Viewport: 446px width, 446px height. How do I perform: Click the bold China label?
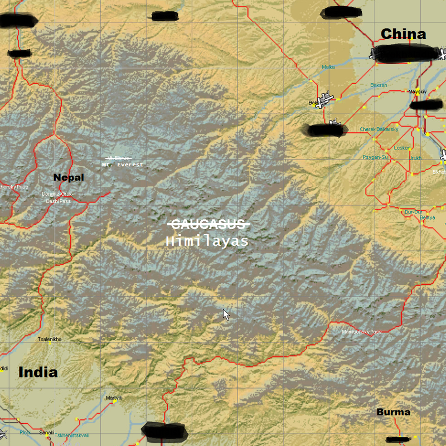tap(403, 34)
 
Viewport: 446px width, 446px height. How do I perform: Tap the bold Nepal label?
tap(69, 178)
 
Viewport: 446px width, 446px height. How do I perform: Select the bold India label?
tap(38, 372)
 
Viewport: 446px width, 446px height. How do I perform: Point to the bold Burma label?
tap(393, 413)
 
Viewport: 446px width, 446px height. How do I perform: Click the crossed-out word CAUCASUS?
tap(209, 224)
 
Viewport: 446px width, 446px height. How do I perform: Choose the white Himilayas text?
tap(207, 241)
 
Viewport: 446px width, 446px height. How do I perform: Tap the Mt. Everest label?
tap(123, 164)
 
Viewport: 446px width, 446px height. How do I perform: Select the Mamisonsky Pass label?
tap(362, 332)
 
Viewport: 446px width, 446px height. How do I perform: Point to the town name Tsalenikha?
tap(50, 339)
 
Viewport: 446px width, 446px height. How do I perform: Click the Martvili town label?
tap(113, 397)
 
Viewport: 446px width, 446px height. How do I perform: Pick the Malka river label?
tap(328, 67)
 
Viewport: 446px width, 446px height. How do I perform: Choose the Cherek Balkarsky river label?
tap(379, 129)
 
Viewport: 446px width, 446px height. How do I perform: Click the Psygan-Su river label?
tap(375, 157)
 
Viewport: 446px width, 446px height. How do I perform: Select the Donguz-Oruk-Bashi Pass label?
tap(57, 197)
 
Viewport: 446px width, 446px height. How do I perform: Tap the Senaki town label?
tap(47, 433)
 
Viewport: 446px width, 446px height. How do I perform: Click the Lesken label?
tap(402, 148)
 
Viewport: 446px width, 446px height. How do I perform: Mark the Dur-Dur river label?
tap(413, 211)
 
